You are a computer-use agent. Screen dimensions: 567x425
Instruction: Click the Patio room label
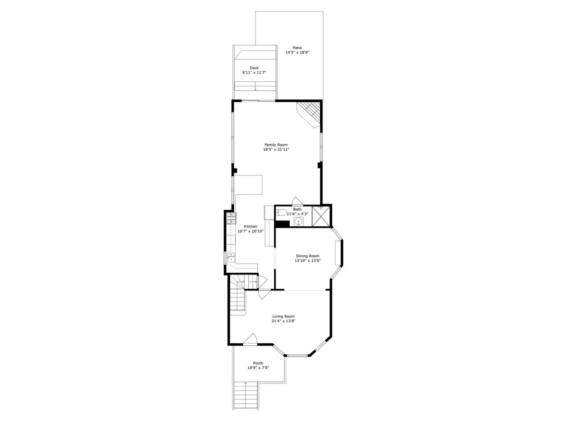[x=297, y=48]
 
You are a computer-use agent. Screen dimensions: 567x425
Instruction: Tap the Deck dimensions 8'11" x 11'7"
[x=254, y=73]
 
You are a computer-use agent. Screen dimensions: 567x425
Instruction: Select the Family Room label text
[x=276, y=145]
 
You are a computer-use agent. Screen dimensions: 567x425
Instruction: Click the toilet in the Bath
[x=281, y=212]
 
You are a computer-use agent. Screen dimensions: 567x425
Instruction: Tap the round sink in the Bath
[x=299, y=221]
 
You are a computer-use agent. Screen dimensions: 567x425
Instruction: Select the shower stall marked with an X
[x=321, y=216]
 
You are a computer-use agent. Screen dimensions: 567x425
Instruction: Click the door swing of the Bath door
[x=297, y=201]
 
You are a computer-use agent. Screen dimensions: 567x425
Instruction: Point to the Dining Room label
[x=307, y=256]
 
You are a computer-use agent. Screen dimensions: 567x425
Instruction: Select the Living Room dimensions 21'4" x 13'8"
[x=283, y=321]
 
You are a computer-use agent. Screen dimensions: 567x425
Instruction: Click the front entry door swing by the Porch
[x=250, y=339]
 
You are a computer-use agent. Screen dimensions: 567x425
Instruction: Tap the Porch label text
[x=258, y=363]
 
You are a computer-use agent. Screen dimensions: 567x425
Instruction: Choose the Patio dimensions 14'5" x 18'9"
[x=297, y=52]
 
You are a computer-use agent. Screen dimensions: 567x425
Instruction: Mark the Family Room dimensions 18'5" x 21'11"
[x=276, y=149]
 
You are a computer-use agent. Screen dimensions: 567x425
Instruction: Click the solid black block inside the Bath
[x=283, y=224]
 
